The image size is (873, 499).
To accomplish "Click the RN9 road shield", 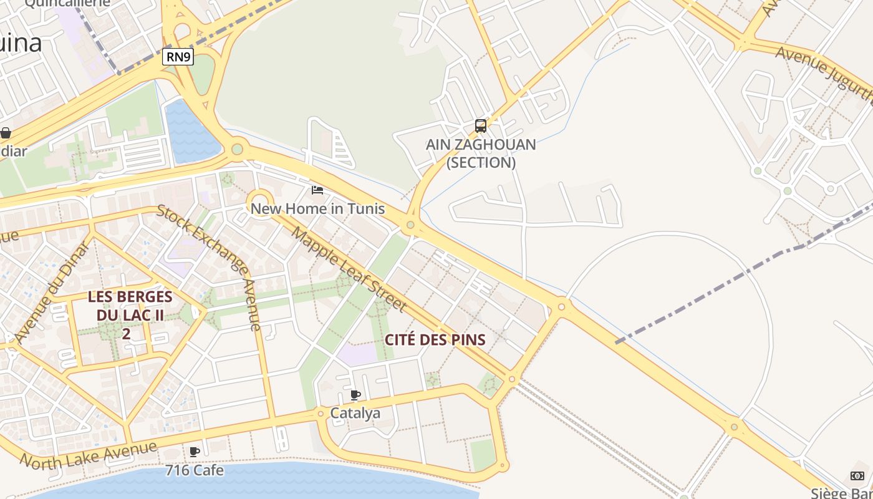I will click(178, 57).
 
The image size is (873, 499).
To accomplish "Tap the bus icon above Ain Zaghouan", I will click(480, 126).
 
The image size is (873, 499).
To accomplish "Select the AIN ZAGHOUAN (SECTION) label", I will click(481, 153).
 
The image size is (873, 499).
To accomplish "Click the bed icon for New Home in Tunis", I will click(317, 190).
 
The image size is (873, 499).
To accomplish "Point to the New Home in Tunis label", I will click(317, 208).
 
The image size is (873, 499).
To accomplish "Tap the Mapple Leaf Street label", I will click(349, 269).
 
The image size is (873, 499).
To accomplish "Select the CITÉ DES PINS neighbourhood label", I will click(435, 340).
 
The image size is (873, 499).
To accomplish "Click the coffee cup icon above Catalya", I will click(355, 395).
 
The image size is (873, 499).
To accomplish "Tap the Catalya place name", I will click(355, 413).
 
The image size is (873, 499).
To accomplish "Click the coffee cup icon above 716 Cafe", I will click(195, 451).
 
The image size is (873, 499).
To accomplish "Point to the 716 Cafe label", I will click(195, 470).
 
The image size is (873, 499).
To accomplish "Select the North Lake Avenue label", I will click(89, 455).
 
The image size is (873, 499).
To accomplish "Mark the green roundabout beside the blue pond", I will click(237, 149).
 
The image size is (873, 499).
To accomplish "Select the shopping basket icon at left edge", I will click(6, 133).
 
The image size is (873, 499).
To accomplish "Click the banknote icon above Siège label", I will click(857, 476).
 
